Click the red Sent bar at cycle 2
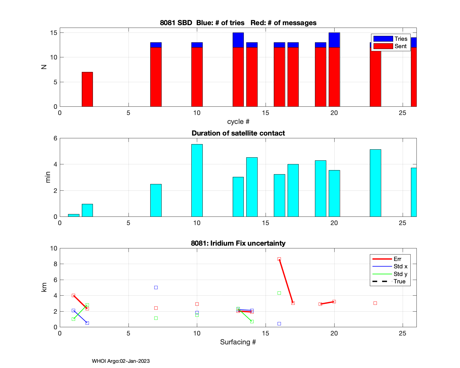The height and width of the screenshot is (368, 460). coord(87,89)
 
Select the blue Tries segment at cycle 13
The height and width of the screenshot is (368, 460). coord(238,40)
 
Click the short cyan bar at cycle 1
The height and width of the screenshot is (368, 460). coord(74,215)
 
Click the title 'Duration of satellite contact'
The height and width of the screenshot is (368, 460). coord(238,133)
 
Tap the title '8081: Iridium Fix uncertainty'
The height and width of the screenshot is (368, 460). coord(238,243)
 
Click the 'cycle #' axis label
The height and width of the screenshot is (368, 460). coord(238,122)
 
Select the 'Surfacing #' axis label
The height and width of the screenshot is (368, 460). coord(238,342)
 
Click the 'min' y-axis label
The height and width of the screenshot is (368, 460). coord(48,177)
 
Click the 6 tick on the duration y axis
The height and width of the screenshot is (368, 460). coord(55,138)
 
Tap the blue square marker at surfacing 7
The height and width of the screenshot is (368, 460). coord(156,288)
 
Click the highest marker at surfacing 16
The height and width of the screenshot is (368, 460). coord(279,259)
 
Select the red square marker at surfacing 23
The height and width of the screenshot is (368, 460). coord(375,303)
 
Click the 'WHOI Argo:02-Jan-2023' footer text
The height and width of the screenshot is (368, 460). coord(121,361)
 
